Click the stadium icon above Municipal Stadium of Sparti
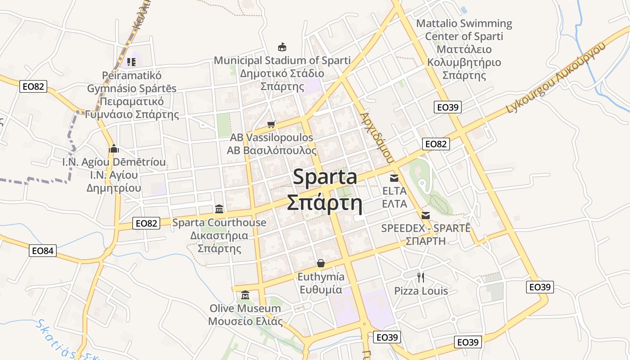click(282, 47)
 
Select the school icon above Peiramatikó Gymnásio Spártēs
click(131, 62)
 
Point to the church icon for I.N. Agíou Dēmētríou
click(114, 148)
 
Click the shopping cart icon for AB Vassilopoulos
click(271, 124)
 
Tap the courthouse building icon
click(219, 209)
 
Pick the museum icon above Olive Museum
click(245, 295)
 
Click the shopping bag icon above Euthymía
click(321, 263)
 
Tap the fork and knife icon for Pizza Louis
click(421, 277)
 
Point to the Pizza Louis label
click(421, 291)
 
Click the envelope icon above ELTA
click(394, 178)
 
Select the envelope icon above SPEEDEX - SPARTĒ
click(426, 215)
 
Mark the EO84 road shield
click(43, 251)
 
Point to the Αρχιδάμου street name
click(377, 138)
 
